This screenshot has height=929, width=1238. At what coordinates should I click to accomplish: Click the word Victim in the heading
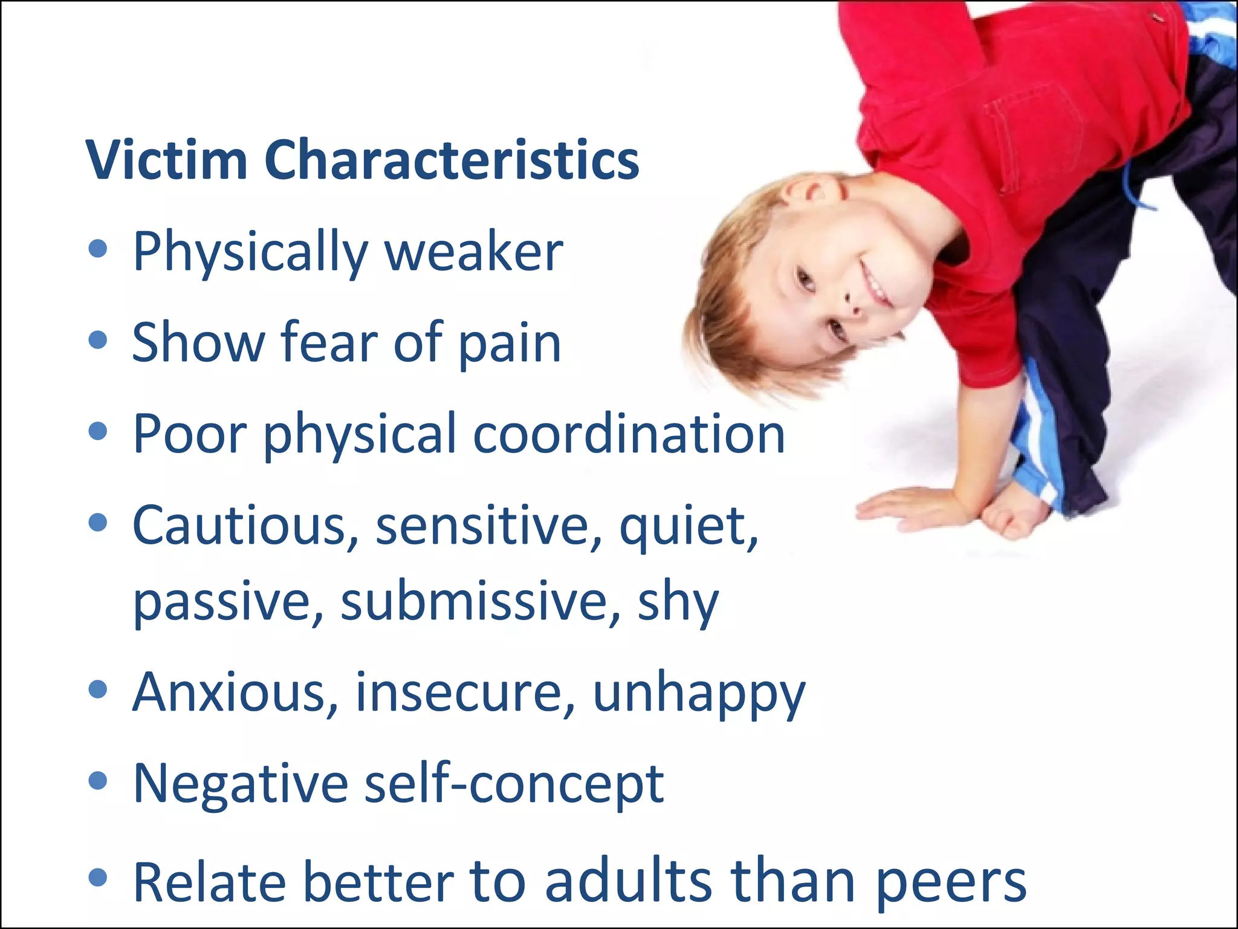166,160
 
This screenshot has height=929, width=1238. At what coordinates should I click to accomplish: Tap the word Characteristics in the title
452,160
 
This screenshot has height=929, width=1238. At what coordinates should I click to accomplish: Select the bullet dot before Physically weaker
97,249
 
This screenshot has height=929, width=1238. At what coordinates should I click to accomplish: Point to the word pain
510,344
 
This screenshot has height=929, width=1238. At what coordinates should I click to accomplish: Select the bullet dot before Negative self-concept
97,780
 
